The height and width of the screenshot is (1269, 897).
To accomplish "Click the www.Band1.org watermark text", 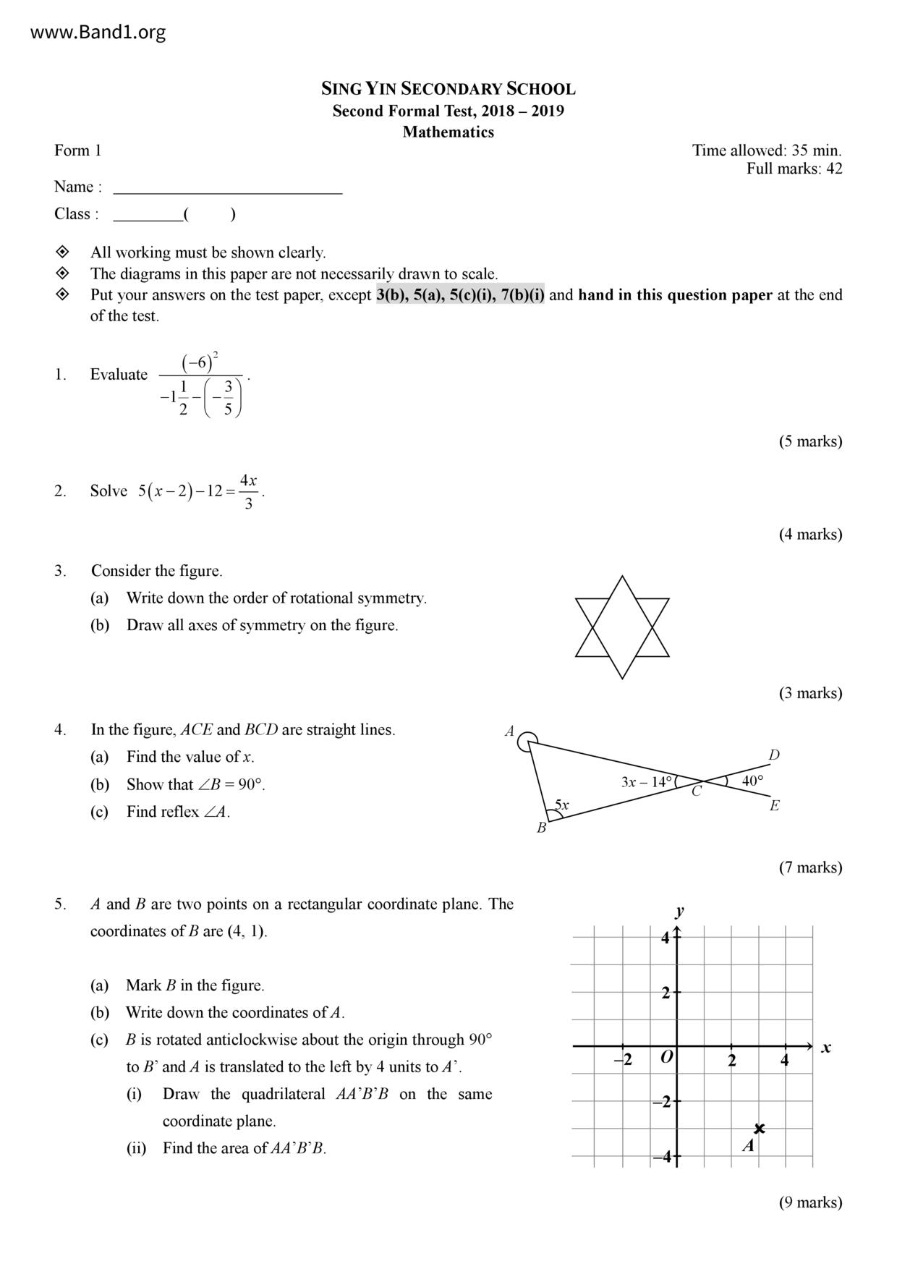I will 98,33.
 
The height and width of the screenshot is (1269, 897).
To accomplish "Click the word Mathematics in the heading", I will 448,132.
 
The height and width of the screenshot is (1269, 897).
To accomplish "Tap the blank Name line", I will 228,187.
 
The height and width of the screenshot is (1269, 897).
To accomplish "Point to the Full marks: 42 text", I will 794,169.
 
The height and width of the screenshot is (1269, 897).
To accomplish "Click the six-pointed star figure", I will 622,627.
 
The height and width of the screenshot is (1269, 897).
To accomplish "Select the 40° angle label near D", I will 752,781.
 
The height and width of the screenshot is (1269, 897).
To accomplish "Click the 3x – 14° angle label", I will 647,782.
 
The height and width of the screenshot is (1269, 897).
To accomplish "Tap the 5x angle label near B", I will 562,805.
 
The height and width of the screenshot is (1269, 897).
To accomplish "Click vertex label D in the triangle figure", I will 774,755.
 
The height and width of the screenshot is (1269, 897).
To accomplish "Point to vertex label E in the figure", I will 774,806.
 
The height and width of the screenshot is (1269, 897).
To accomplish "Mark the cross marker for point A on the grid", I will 759,1128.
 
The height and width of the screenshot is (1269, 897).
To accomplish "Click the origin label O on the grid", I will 667,1057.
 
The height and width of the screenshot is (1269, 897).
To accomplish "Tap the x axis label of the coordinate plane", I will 826,1048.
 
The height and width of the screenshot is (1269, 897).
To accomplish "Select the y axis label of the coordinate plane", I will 679,911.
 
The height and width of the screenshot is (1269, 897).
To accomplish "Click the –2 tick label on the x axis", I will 623,1060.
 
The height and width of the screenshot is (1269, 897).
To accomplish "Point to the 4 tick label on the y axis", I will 666,938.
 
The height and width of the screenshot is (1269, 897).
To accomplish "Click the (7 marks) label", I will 810,867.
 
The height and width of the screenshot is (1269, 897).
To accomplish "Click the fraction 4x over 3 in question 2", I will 248,492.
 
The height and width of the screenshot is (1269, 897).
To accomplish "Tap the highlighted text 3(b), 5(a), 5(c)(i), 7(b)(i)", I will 460,295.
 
